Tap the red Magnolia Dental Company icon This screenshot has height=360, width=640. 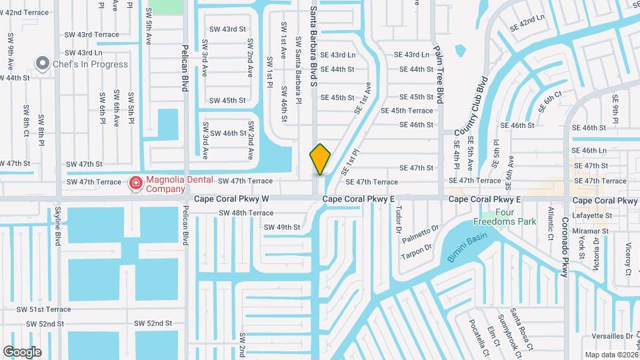tap(136, 182)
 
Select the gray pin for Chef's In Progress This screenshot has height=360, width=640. tap(43, 64)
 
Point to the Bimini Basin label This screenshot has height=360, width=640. tap(468, 246)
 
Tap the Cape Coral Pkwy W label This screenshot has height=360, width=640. tap(231, 199)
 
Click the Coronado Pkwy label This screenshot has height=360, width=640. tap(563, 247)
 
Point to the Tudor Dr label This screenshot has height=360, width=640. tap(399, 219)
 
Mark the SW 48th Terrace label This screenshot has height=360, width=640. tap(247, 213)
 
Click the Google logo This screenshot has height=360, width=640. tap(22, 351)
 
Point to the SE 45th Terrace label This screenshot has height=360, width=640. tap(407, 111)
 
